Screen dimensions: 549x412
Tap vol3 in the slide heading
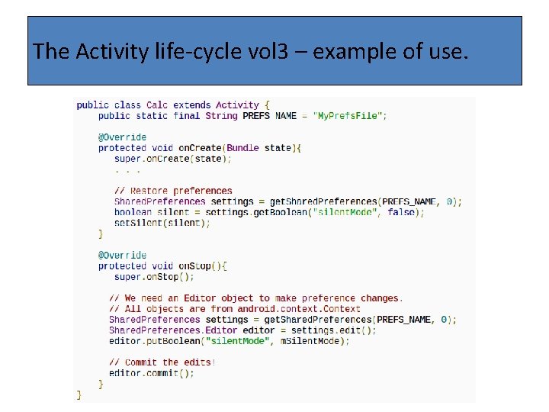point(255,52)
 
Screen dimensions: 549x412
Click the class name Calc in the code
point(157,105)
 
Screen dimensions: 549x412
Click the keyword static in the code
point(152,115)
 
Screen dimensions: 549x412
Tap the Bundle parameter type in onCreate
point(242,147)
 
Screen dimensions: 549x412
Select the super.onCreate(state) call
point(172,158)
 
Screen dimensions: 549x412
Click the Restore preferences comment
point(173,191)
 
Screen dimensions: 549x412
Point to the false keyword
point(401,212)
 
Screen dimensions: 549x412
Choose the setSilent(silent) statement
point(162,223)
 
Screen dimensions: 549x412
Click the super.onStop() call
point(154,276)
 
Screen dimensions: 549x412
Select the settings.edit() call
point(342,330)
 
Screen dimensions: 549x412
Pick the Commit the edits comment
point(162,362)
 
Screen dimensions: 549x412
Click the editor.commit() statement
point(151,373)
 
